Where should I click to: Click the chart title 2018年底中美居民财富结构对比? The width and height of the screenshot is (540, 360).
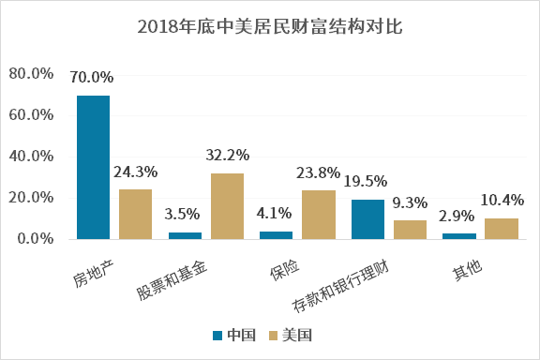(x=270, y=25)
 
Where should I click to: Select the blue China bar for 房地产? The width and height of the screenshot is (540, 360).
(x=93, y=167)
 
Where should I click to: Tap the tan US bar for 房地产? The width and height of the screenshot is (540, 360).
(x=135, y=214)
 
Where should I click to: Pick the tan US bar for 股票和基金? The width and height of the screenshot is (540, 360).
(x=227, y=206)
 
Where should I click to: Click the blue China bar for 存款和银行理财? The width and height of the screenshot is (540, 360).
(x=367, y=219)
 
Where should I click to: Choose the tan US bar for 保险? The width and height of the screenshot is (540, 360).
(x=318, y=215)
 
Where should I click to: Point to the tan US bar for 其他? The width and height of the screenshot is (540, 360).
(x=502, y=229)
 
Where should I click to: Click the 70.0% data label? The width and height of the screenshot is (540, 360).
(x=92, y=77)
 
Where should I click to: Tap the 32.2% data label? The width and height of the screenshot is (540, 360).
(x=228, y=155)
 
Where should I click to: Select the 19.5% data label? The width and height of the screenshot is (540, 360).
(x=367, y=181)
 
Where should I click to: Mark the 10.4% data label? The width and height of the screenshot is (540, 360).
(x=502, y=200)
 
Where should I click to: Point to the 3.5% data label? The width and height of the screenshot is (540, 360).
(x=185, y=214)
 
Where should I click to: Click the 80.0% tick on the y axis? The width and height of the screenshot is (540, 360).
(x=31, y=74)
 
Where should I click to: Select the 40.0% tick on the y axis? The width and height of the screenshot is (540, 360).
(x=31, y=157)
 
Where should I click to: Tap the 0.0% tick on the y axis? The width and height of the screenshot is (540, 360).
(x=35, y=239)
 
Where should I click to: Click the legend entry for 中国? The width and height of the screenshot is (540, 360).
(x=234, y=335)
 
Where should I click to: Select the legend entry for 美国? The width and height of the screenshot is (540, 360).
(x=290, y=335)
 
